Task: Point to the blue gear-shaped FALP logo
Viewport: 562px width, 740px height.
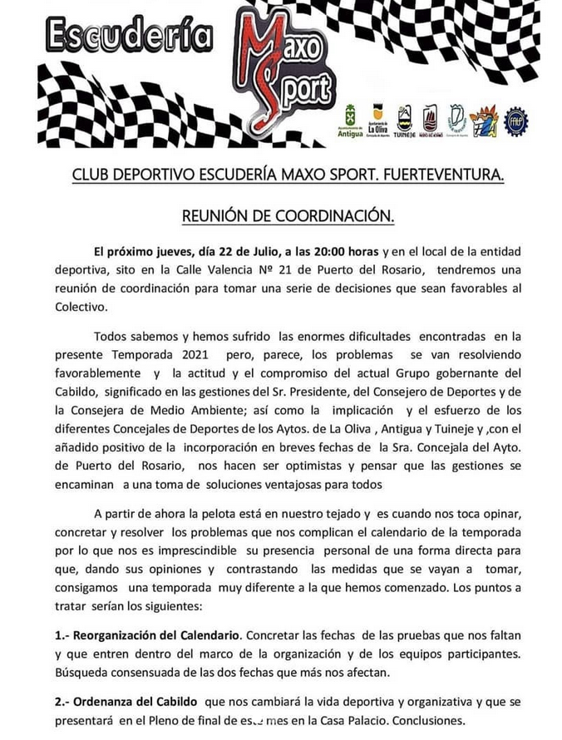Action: tap(516, 120)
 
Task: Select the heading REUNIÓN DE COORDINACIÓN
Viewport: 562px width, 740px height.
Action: tap(287, 216)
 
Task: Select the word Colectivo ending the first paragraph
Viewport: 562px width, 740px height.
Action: tap(81, 306)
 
